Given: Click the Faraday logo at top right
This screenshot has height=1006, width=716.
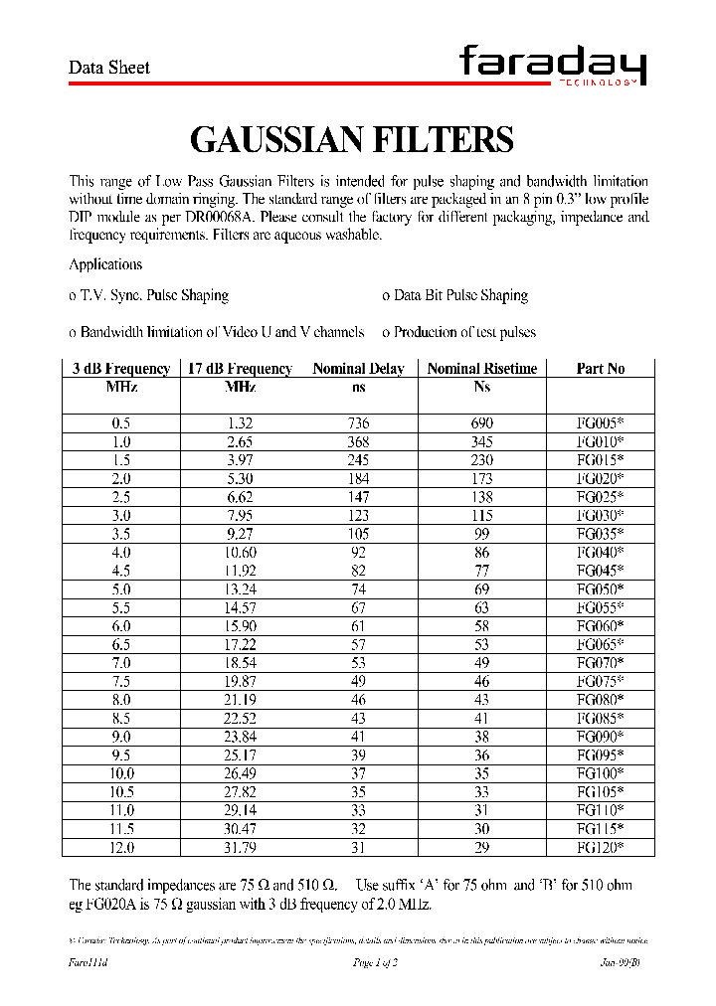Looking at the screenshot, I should tap(552, 67).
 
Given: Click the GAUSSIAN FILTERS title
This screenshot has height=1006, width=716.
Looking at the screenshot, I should tap(351, 140).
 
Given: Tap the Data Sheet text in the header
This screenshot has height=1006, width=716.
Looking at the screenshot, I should tap(108, 68).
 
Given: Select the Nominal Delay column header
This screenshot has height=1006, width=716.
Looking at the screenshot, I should tap(358, 369).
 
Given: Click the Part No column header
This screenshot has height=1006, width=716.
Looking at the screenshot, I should tap(601, 369).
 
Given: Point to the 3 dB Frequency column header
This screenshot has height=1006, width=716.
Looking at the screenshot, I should tap(121, 369).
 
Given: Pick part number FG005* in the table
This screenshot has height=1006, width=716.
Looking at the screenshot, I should tap(601, 423).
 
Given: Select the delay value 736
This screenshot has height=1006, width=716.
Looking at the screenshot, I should tap(358, 423).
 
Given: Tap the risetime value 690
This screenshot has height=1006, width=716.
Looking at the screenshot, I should tap(481, 423).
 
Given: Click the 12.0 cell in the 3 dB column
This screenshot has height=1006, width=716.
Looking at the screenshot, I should tap(121, 847).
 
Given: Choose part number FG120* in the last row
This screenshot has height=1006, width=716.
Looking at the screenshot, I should tap(601, 847).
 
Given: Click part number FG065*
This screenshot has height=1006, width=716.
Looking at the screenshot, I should tap(601, 644).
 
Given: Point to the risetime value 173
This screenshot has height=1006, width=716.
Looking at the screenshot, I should tap(481, 478).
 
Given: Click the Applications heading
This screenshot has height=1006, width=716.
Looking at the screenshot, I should tap(105, 264).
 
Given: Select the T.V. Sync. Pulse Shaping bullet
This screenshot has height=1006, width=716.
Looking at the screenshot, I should tap(149, 295).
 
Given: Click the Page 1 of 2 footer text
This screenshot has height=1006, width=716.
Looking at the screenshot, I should tap(376, 963).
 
